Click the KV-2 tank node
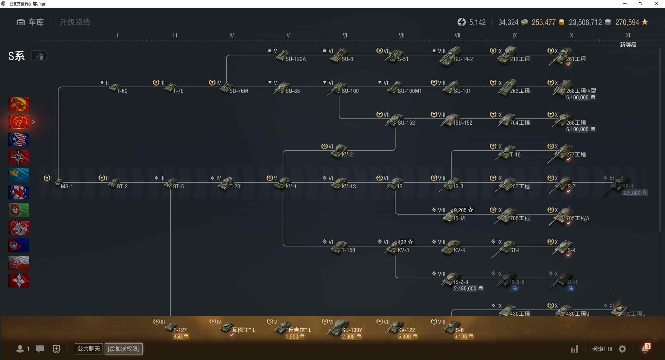click(341, 152)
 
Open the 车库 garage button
click(30, 22)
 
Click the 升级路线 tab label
click(75, 22)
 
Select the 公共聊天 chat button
click(89, 349)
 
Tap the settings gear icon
click(622, 349)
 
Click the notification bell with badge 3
click(645, 349)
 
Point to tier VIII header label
click(458, 35)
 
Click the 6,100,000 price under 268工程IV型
click(577, 98)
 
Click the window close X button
click(656, 4)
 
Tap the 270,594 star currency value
click(627, 22)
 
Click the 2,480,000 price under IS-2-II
click(465, 289)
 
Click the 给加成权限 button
click(124, 349)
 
